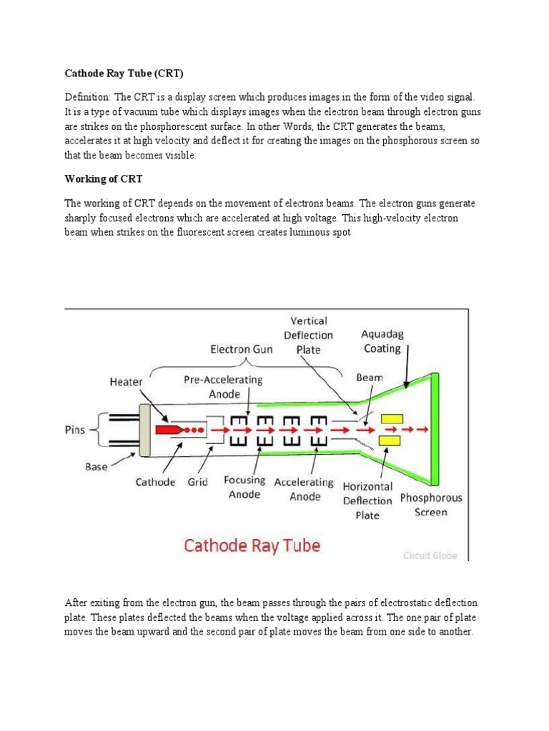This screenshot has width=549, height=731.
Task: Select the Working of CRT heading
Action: (x=104, y=178)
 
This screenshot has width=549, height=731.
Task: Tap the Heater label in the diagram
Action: (x=125, y=382)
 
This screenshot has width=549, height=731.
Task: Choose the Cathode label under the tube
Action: (x=155, y=482)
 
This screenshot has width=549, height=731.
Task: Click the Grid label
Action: (x=197, y=482)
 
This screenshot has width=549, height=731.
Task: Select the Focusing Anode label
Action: (x=244, y=487)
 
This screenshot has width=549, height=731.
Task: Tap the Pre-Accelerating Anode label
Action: (x=223, y=387)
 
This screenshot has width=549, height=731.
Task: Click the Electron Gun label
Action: (x=241, y=351)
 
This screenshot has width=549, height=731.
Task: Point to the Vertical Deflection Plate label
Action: (x=308, y=335)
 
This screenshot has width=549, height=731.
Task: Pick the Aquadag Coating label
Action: (x=382, y=341)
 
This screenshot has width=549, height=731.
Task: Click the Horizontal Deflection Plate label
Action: (x=367, y=500)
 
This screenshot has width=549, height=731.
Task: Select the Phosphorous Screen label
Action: (x=430, y=505)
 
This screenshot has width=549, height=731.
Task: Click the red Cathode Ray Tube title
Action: (x=252, y=545)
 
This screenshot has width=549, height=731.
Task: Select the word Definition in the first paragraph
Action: (x=89, y=96)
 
